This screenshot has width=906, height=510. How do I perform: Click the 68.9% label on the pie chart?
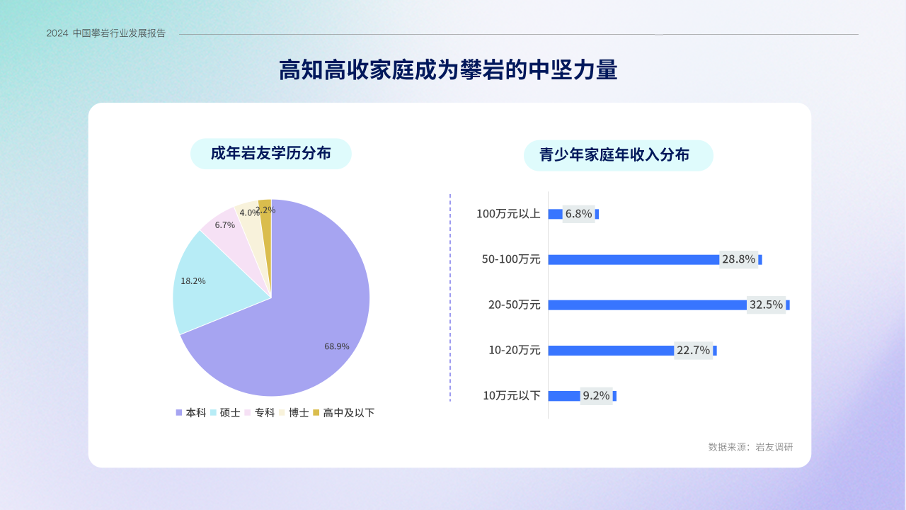tap(336, 346)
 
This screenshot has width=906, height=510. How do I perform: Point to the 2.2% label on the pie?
tap(265, 210)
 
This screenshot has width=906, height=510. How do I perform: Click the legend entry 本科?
tap(190, 412)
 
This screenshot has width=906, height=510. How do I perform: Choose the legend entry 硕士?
tap(225, 412)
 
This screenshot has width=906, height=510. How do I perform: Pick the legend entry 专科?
tap(259, 412)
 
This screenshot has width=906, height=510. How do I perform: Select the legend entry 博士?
tap(294, 412)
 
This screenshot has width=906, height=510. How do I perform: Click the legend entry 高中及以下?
tap(344, 412)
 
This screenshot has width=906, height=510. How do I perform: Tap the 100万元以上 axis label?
tap(508, 214)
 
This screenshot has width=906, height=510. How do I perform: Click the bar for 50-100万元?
tap(655, 259)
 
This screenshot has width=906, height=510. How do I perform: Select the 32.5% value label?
tap(766, 305)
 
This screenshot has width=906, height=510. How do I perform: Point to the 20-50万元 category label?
tap(514, 305)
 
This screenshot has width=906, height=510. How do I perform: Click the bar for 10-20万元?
tap(632, 351)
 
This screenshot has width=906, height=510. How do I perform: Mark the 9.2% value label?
tap(596, 395)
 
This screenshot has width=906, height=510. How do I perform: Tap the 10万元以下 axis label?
tap(512, 395)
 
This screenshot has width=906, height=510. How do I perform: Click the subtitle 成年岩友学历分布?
tap(270, 154)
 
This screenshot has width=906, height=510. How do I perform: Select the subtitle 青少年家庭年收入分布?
tap(614, 155)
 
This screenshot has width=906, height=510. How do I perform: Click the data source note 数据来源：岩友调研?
tap(751, 447)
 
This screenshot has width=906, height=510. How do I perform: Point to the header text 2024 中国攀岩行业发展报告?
tap(106, 33)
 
